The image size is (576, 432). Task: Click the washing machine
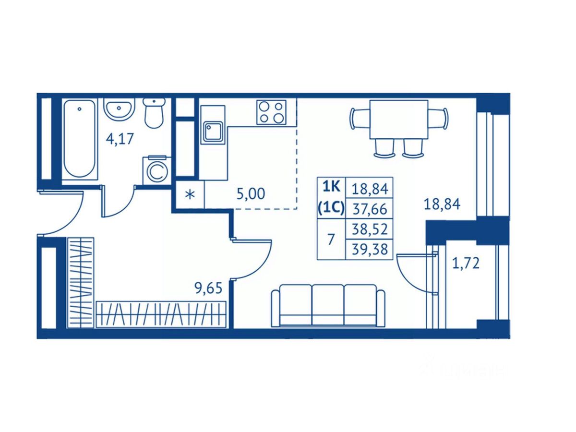[156, 170]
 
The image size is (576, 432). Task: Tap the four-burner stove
[271, 112]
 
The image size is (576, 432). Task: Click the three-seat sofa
[328, 305]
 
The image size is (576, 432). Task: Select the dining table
[398, 119]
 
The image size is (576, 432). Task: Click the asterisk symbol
[190, 195]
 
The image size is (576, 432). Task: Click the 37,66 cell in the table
[369, 209]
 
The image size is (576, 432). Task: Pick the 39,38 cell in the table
[369, 249]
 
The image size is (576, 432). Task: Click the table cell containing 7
[331, 239]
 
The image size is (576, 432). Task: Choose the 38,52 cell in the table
[369, 229]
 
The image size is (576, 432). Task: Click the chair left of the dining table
[359, 119]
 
